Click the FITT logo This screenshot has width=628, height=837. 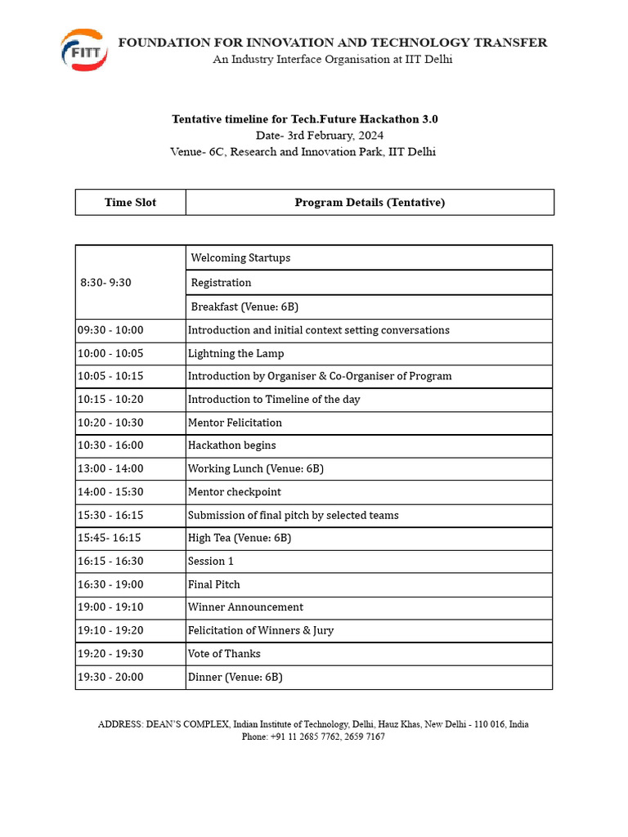(x=83, y=50)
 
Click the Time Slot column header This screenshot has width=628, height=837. (x=130, y=203)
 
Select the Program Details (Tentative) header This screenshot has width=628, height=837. (x=370, y=203)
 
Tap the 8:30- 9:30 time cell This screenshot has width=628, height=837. (x=105, y=283)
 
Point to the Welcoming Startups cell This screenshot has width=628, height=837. (x=240, y=257)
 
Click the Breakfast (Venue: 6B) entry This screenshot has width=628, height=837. (x=244, y=307)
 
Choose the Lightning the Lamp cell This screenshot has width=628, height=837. (x=235, y=354)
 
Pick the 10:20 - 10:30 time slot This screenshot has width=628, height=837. (x=110, y=423)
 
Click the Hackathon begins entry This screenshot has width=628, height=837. (x=231, y=445)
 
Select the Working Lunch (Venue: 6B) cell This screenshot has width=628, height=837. (x=255, y=468)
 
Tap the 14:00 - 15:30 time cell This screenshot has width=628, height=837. (x=110, y=492)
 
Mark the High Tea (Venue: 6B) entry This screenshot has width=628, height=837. (x=239, y=538)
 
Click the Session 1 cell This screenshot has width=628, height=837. (x=210, y=561)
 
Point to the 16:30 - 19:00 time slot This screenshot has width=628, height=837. (x=110, y=584)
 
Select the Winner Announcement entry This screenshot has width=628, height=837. (x=245, y=607)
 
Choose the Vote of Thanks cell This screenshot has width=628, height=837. (x=224, y=654)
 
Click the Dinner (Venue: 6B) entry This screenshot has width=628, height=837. (x=235, y=677)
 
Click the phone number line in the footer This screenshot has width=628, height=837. (x=313, y=736)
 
